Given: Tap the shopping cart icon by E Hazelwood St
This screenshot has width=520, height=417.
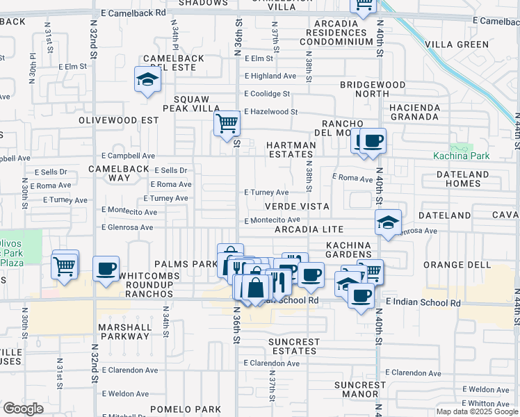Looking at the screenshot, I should [227, 124].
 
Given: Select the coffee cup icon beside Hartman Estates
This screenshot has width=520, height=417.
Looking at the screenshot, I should [373, 141].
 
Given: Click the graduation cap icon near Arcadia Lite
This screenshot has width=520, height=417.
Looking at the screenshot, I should [388, 222].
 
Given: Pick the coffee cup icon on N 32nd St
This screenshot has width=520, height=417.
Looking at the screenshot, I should [106, 269].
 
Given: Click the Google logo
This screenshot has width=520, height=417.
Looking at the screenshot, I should [23, 409].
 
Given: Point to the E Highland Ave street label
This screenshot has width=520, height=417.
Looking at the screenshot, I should [270, 76].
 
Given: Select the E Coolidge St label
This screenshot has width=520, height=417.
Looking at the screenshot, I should [267, 94].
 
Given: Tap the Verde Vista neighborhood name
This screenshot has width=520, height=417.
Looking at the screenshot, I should [295, 207].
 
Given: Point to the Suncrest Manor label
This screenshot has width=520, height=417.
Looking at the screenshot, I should [359, 389].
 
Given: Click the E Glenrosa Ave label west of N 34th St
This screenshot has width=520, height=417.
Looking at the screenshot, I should [127, 227].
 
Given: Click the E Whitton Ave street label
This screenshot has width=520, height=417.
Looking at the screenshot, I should [489, 404].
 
